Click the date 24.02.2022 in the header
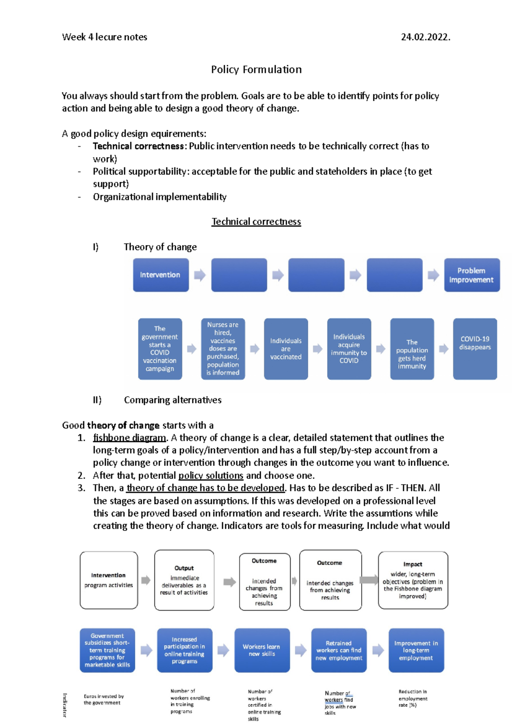click(425, 37)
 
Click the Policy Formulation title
click(256, 70)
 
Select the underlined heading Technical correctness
click(256, 222)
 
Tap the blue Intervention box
click(160, 275)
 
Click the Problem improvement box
click(471, 275)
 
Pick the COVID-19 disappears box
click(474, 348)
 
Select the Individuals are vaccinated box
click(285, 348)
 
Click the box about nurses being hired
click(223, 348)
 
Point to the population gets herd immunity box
click(412, 348)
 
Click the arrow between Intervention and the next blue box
click(200, 275)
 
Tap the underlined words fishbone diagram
click(129, 438)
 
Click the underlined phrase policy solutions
click(211, 475)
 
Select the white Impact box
click(413, 580)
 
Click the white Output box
click(184, 580)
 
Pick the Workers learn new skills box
click(262, 650)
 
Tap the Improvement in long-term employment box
click(416, 650)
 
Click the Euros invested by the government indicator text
click(103, 699)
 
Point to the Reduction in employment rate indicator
click(412, 698)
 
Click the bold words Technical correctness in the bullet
click(138, 146)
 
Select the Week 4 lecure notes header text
click(105, 37)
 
